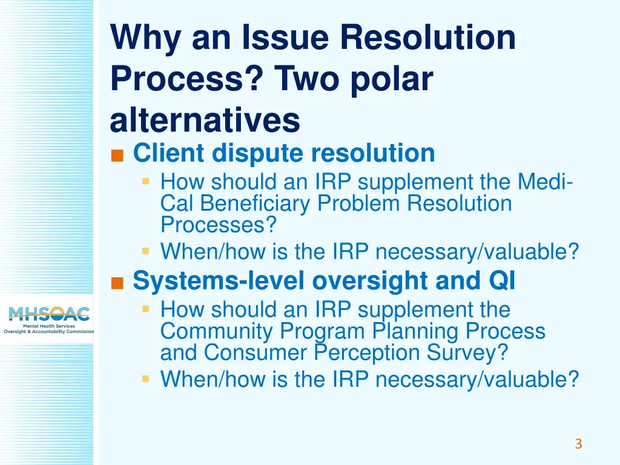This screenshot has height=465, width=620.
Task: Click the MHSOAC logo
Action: coord(48,319)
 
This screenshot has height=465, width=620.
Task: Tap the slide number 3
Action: coord(578,444)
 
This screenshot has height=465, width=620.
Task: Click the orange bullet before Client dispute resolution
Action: coord(117,156)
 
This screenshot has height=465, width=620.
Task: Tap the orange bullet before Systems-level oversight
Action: coord(117,283)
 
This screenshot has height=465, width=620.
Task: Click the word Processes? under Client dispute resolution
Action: coord(219,225)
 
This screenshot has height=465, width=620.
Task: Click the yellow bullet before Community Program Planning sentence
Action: coord(146,309)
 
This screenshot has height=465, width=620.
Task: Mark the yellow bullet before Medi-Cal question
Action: coord(146,181)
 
